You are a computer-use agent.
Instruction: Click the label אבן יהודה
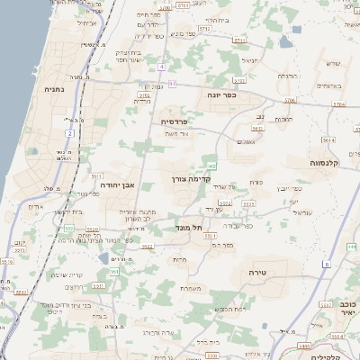pyautogui.click(x=115, y=184)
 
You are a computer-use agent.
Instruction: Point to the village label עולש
pyautogui.click(x=331, y=63)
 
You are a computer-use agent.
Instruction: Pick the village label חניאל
pyautogui.click(x=249, y=60)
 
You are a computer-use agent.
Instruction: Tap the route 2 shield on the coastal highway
pyautogui.click(x=69, y=134)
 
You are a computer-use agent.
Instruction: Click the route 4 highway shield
pyautogui.click(x=162, y=67)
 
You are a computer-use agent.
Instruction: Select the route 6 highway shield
pyautogui.click(x=327, y=265)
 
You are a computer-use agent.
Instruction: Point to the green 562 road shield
pyautogui.click(x=211, y=166)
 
